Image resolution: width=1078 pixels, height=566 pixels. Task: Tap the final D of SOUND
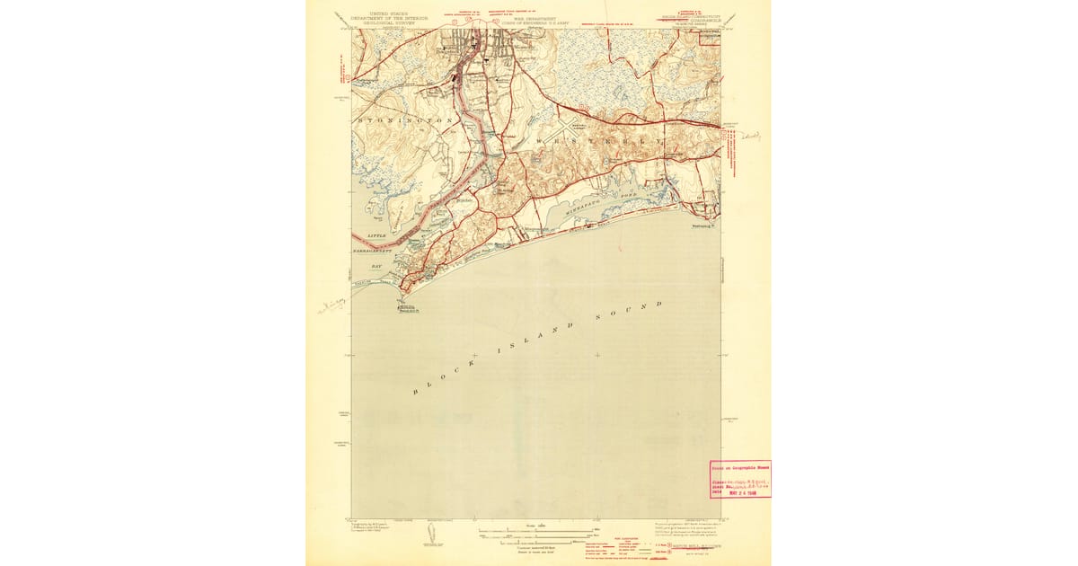pyautogui.click(x=661, y=305)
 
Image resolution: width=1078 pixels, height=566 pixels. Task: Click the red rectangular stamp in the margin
pyautogui.click(x=740, y=479)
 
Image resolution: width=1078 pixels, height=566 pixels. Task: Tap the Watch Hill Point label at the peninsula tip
pyautogui.click(x=410, y=310)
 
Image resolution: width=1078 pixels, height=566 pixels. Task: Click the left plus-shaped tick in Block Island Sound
pyautogui.click(x=474, y=356)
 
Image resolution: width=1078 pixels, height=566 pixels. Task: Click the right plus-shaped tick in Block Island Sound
pyautogui.click(x=597, y=356)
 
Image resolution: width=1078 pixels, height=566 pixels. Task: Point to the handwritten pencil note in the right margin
pyautogui.click(x=751, y=136)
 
